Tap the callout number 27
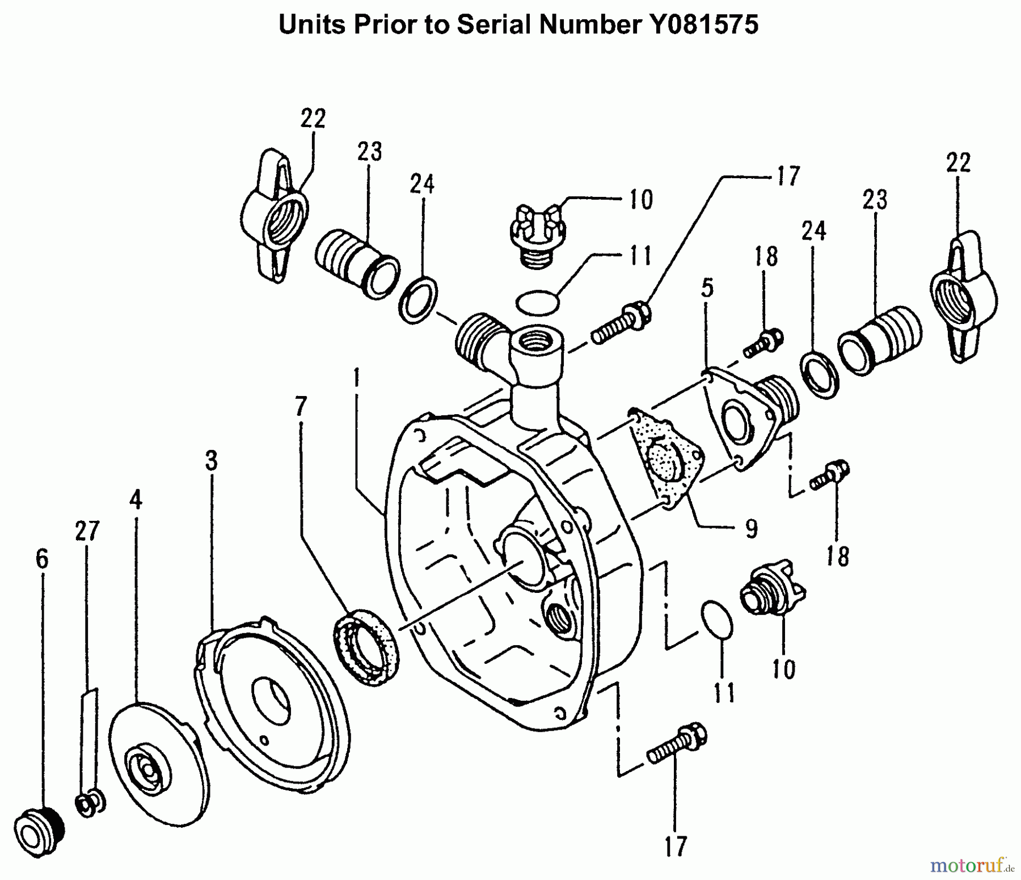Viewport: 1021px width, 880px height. pyautogui.click(x=87, y=531)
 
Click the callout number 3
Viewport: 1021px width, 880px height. pyautogui.click(x=211, y=461)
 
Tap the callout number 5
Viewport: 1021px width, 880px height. pyautogui.click(x=706, y=288)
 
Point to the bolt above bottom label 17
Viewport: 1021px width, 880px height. pyautogui.click(x=677, y=748)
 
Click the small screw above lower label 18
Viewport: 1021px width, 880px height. pyautogui.click(x=830, y=475)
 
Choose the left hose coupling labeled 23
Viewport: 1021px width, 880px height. pyautogui.click(x=356, y=263)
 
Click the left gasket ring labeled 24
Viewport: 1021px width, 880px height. pyautogui.click(x=419, y=299)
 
